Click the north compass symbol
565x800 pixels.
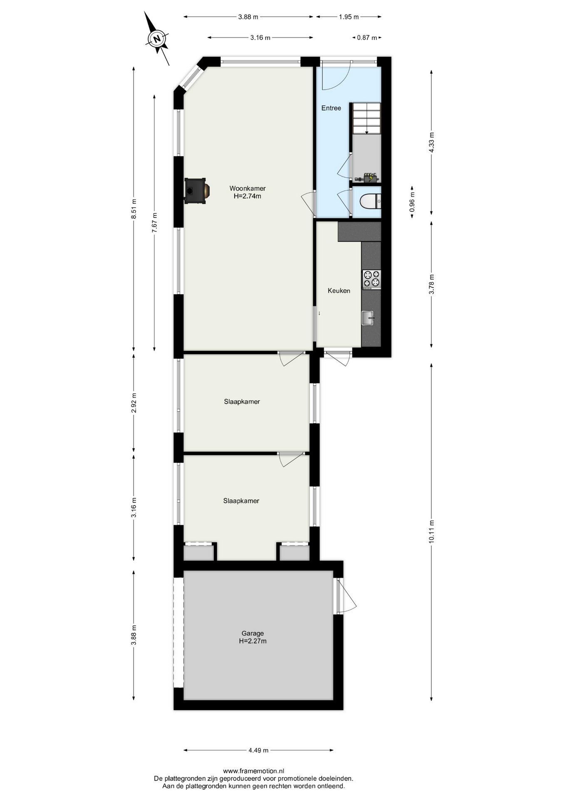click(157, 39)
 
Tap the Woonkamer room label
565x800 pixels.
click(248, 188)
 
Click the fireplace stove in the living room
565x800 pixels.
click(196, 191)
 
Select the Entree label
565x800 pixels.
click(331, 108)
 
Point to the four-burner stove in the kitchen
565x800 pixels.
click(372, 280)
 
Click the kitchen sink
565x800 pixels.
click(368, 318)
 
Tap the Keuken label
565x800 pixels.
click(339, 291)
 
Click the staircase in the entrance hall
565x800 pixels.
click(367, 118)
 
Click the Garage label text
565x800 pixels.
click(253, 633)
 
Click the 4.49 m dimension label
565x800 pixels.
click(258, 750)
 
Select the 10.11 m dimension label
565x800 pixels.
click(431, 531)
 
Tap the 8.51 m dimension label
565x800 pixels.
click(134, 209)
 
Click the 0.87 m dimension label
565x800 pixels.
click(367, 37)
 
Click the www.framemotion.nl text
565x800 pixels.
click(254, 771)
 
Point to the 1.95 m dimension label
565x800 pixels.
click(349, 17)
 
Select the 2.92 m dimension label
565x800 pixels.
click(134, 403)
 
